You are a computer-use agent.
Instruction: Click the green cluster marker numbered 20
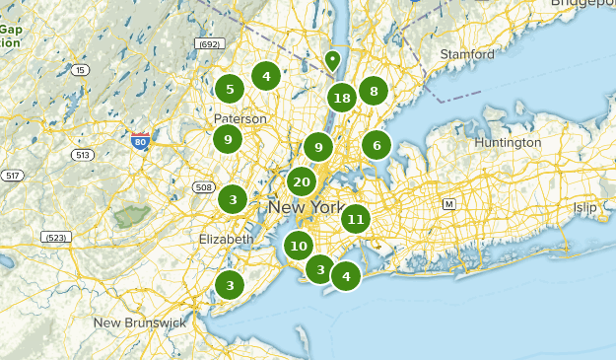point(302,181)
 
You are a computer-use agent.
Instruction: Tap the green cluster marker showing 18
point(342,98)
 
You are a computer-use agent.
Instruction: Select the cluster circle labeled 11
point(356,219)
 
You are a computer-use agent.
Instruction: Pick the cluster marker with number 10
point(299,246)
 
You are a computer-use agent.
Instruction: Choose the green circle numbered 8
point(373,92)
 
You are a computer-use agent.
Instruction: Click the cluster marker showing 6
point(376,146)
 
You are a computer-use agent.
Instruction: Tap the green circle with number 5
point(230,90)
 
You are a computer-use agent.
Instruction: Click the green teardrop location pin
point(332,60)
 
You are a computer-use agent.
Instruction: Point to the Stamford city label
point(466,53)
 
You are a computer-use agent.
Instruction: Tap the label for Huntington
point(508,142)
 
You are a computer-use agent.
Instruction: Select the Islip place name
point(585,208)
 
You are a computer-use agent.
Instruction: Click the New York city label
point(306,207)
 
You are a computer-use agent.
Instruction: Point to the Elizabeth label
point(226,239)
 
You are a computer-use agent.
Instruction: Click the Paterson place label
point(240,118)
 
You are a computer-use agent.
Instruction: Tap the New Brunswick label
point(139,323)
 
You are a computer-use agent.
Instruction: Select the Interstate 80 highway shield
point(140,140)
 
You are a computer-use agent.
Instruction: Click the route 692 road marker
point(208,44)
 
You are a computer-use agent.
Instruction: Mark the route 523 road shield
point(55,237)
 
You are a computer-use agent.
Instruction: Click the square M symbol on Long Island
point(449,203)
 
